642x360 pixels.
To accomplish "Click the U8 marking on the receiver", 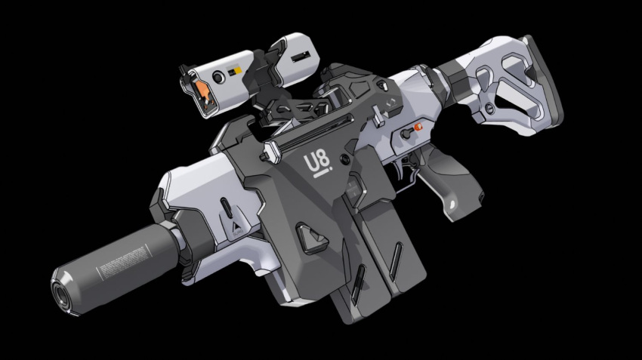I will pyautogui.click(x=315, y=161).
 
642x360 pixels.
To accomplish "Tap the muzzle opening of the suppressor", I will pyautogui.click(x=60, y=290).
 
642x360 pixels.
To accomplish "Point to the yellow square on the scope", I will pyautogui.click(x=238, y=69).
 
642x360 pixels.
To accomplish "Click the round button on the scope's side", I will pyautogui.click(x=218, y=78).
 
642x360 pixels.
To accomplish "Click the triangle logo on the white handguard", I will pyautogui.click(x=236, y=226).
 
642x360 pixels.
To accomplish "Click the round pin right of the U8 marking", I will pyautogui.click(x=345, y=160).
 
